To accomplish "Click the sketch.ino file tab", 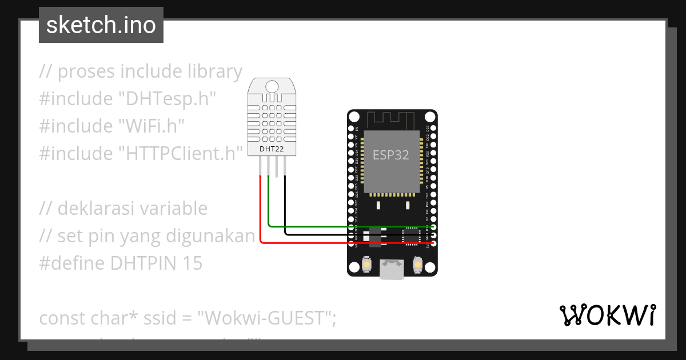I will (x=101, y=25).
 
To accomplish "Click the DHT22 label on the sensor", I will (x=272, y=150).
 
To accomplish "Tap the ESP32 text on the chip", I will (x=391, y=154).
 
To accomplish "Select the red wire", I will (x=343, y=243).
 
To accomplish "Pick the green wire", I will (x=343, y=226).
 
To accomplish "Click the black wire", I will (x=343, y=234).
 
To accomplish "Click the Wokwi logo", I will (x=608, y=315).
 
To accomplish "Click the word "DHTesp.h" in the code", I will (x=166, y=99).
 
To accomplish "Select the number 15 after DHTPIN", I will (x=193, y=263).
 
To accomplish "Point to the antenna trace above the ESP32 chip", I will (x=391, y=120).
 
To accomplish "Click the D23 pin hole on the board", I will (x=433, y=129).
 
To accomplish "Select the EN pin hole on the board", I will (x=351, y=129).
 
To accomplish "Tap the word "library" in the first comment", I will (x=215, y=71).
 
